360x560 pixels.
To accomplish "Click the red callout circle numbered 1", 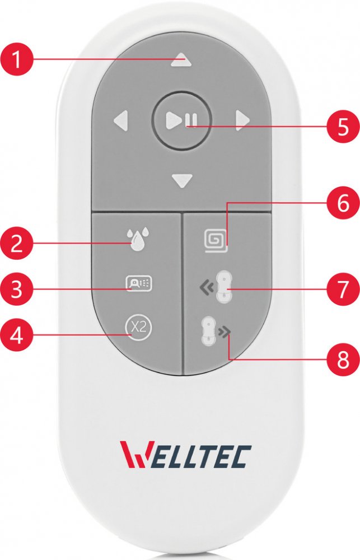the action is tap(16, 59).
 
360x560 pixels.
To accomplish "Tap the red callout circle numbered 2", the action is tap(16, 244).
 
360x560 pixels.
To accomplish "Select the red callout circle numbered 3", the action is tap(16, 288).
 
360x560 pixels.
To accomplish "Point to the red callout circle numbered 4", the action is tap(16, 335).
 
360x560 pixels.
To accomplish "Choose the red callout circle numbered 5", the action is tap(343, 126).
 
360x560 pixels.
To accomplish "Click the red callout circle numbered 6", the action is tap(343, 204).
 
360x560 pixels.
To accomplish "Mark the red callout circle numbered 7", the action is tap(343, 288).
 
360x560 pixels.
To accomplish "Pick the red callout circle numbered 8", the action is tap(343, 359).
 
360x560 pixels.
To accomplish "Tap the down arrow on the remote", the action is tap(182, 181).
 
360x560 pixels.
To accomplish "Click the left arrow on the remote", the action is tap(121, 121).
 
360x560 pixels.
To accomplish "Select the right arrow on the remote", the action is tap(242, 121).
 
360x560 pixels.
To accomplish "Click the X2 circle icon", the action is tap(139, 328).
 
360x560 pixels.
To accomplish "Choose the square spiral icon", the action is tap(216, 241).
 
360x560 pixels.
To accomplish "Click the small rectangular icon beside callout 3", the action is tap(139, 283).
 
